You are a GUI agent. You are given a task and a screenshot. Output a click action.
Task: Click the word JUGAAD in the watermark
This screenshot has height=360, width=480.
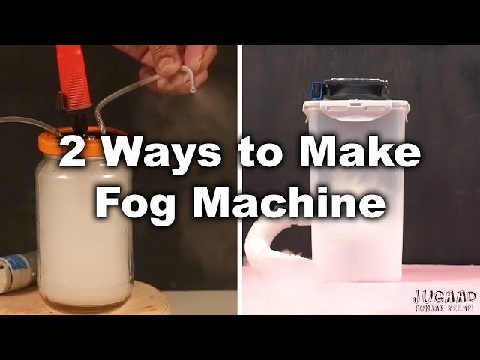[444, 296]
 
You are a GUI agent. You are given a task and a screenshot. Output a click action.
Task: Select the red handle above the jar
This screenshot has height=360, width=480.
[73, 77]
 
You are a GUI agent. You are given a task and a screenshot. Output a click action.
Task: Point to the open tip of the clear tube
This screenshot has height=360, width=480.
[192, 90]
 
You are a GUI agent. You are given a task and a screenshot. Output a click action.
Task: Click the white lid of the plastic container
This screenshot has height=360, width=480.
[356, 109]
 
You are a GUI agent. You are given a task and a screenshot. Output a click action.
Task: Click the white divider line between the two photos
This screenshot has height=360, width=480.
[240, 180]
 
